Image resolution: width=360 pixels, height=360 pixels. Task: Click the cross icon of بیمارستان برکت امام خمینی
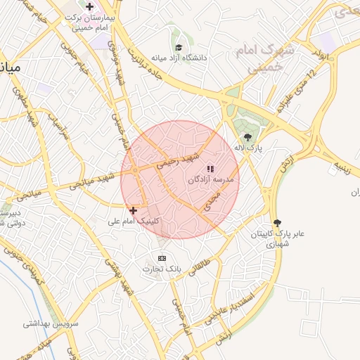[x=89, y=7]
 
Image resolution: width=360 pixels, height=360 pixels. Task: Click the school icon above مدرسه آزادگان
[x=210, y=169]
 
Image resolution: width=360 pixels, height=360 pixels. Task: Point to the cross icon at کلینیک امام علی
[x=133, y=210]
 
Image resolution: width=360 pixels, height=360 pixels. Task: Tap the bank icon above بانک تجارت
[x=162, y=258]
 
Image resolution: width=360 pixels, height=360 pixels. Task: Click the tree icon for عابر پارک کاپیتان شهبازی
[x=276, y=221]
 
